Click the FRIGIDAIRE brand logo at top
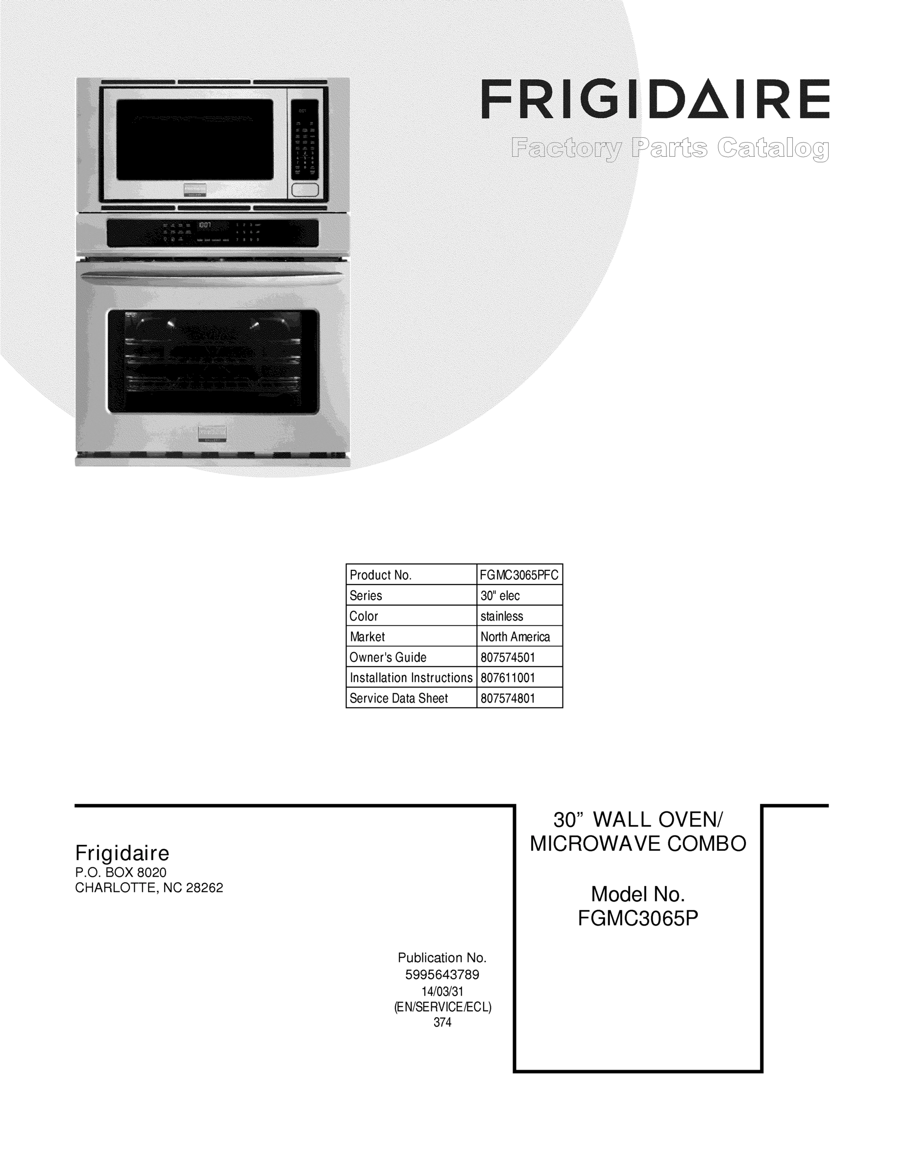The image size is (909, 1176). pos(655,99)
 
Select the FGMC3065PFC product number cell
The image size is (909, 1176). pos(519,575)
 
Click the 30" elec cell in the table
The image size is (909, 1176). pos(500,595)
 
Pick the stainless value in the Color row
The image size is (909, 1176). pos(502,616)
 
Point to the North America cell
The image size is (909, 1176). pos(516,637)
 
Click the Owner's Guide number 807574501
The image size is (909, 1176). pos(508,657)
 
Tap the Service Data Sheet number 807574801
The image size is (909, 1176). pos(508,698)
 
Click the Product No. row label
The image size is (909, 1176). pos(381,575)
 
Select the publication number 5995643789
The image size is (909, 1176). pos(442,975)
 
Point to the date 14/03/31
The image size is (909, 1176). pos(442,991)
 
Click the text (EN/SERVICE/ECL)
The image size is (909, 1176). pos(442,1007)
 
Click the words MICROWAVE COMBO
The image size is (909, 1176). pos(638,843)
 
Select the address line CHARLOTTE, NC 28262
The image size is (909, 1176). pos(148,888)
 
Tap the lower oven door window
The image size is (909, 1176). pos(213,361)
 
